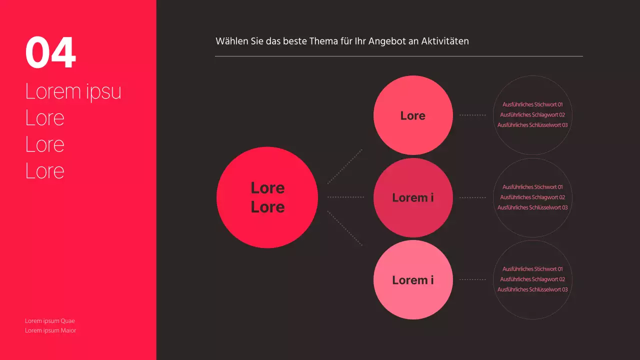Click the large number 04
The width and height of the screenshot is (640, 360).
coord(50,52)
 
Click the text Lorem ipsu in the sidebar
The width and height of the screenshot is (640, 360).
coord(73,91)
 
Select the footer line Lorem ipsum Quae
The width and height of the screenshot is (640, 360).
coord(50,321)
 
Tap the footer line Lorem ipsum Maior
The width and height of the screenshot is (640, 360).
coord(50,330)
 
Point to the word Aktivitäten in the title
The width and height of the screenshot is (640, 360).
coord(444,41)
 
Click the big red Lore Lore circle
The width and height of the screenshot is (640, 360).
coord(267,197)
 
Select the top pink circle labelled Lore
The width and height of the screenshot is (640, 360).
coord(413,115)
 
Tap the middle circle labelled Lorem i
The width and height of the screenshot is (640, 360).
coord(413,197)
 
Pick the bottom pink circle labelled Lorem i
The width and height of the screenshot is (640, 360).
coord(413,280)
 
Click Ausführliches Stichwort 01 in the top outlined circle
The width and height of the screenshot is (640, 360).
coord(532,104)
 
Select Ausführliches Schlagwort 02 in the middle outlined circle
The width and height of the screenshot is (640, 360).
coord(532,197)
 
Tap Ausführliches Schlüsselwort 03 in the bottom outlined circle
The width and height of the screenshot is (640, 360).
coord(532,289)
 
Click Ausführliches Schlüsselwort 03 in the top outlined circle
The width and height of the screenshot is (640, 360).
coord(532,125)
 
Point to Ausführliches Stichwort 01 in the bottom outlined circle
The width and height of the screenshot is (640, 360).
coord(532,269)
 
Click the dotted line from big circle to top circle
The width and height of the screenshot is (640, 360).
coord(344,166)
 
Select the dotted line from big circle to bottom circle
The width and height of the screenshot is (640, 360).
coord(344,228)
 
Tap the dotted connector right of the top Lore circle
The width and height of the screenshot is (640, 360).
coord(472,115)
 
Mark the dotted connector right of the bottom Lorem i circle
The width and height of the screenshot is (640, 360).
coord(472,279)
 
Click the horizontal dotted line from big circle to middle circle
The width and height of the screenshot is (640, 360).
coord(345,197)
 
